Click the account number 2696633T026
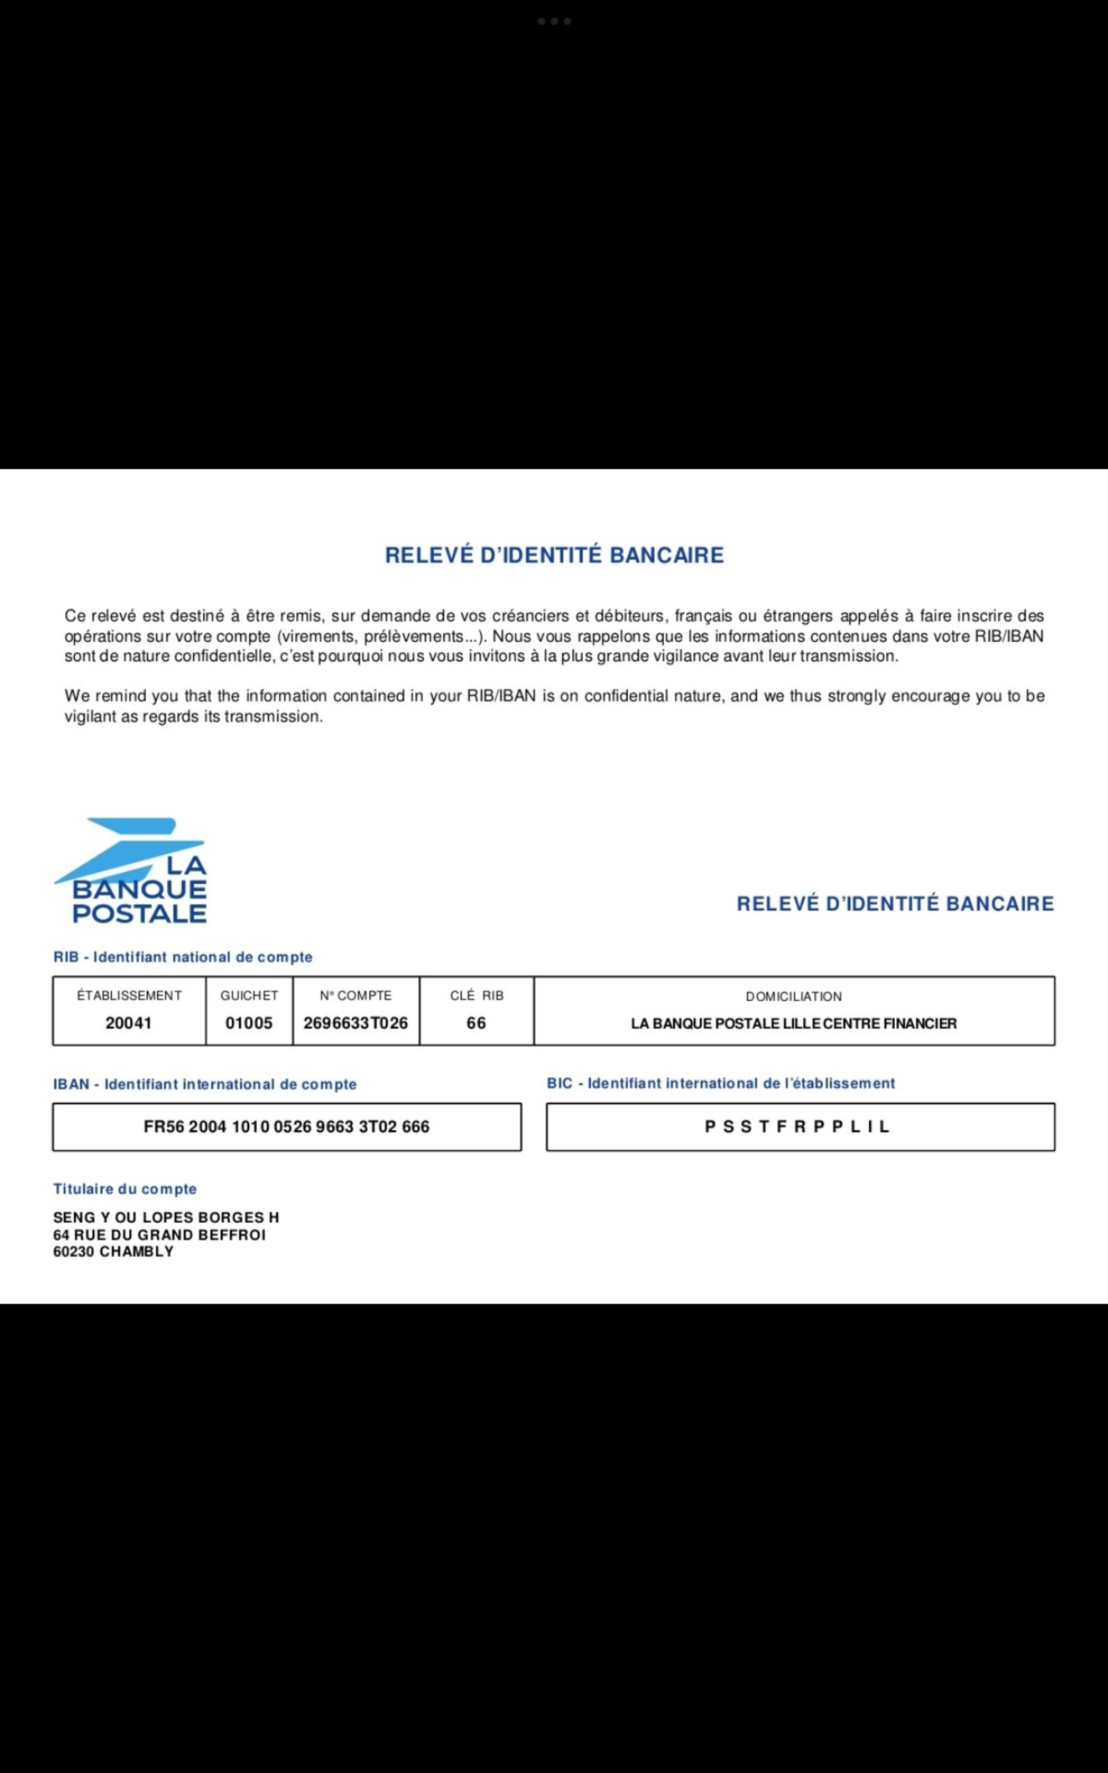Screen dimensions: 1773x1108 [356, 1023]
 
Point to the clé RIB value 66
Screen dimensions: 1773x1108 [476, 1023]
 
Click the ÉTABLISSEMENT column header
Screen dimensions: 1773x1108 [129, 996]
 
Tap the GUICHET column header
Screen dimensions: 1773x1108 [249, 996]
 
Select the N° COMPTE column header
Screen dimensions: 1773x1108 [356, 996]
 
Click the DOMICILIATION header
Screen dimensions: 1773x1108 [794, 996]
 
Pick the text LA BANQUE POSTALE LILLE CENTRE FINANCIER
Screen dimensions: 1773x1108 [794, 1023]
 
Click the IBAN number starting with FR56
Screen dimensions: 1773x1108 [286, 1127]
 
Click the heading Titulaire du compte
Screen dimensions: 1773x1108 [125, 1189]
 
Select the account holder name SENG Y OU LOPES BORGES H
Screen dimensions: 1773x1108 [166, 1218]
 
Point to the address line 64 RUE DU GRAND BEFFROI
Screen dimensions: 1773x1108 [159, 1234]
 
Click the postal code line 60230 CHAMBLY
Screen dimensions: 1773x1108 [114, 1252]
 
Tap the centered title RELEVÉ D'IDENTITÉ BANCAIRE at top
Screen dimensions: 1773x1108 [554, 555]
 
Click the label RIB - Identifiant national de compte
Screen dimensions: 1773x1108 [182, 957]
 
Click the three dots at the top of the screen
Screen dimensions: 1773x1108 [554, 21]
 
